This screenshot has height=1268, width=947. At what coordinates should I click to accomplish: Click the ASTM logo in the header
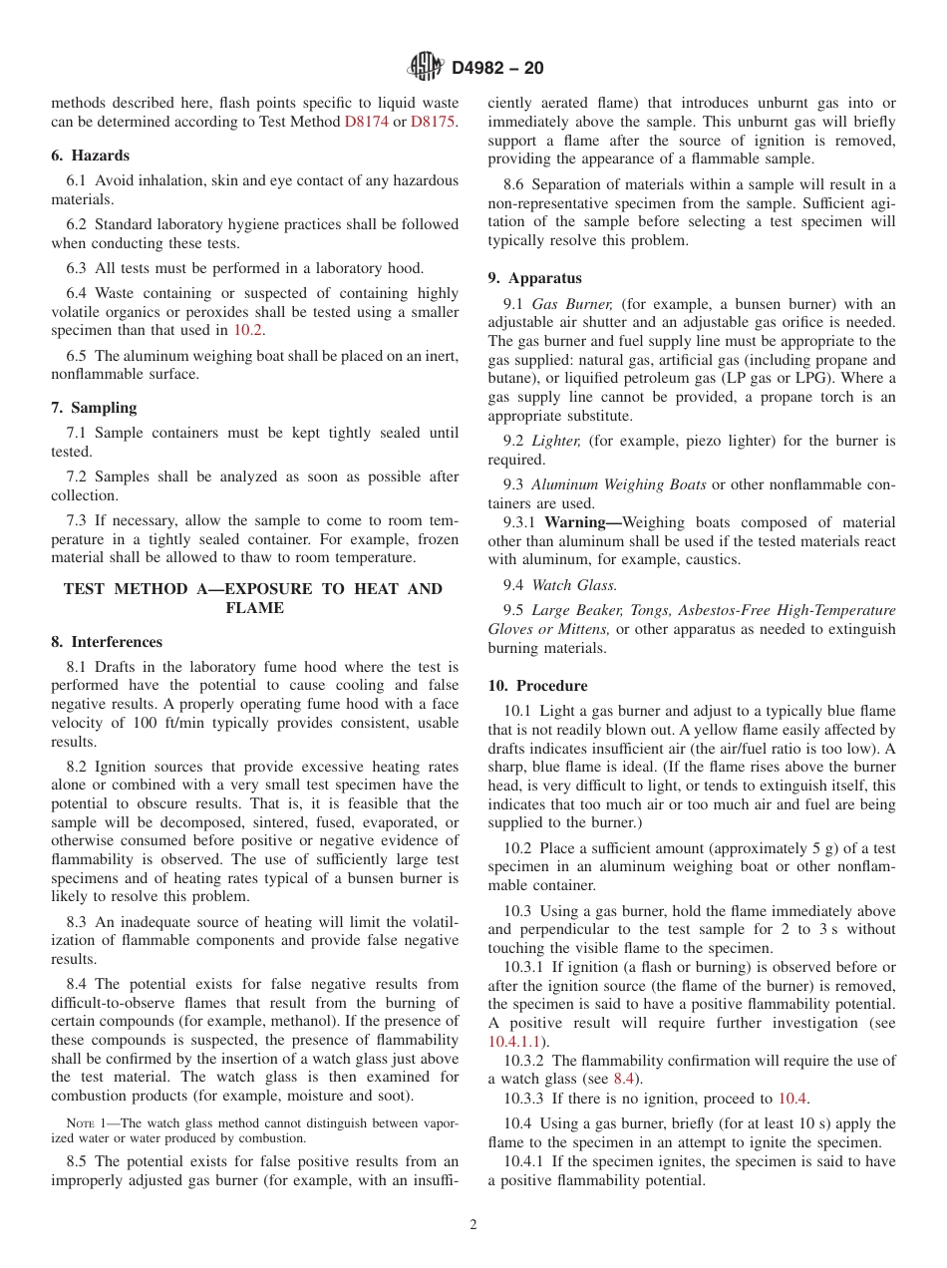[426, 68]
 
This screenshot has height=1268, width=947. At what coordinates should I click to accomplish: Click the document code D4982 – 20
[497, 69]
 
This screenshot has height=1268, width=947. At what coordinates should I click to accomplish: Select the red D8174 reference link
[366, 121]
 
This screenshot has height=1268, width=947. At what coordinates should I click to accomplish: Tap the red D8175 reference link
[433, 121]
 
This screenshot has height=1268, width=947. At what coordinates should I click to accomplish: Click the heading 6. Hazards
[90, 156]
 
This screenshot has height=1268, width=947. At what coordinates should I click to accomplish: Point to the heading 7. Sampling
[94, 408]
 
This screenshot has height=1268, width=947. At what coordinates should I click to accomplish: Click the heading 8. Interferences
[107, 642]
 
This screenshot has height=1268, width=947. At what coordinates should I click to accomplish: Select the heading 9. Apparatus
[534, 278]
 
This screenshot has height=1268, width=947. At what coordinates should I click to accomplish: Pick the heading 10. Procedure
[537, 686]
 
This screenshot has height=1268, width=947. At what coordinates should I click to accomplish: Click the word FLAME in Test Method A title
[254, 608]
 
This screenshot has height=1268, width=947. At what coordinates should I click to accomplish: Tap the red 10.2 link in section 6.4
[247, 330]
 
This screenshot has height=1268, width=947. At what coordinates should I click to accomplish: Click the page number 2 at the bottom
[473, 1225]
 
